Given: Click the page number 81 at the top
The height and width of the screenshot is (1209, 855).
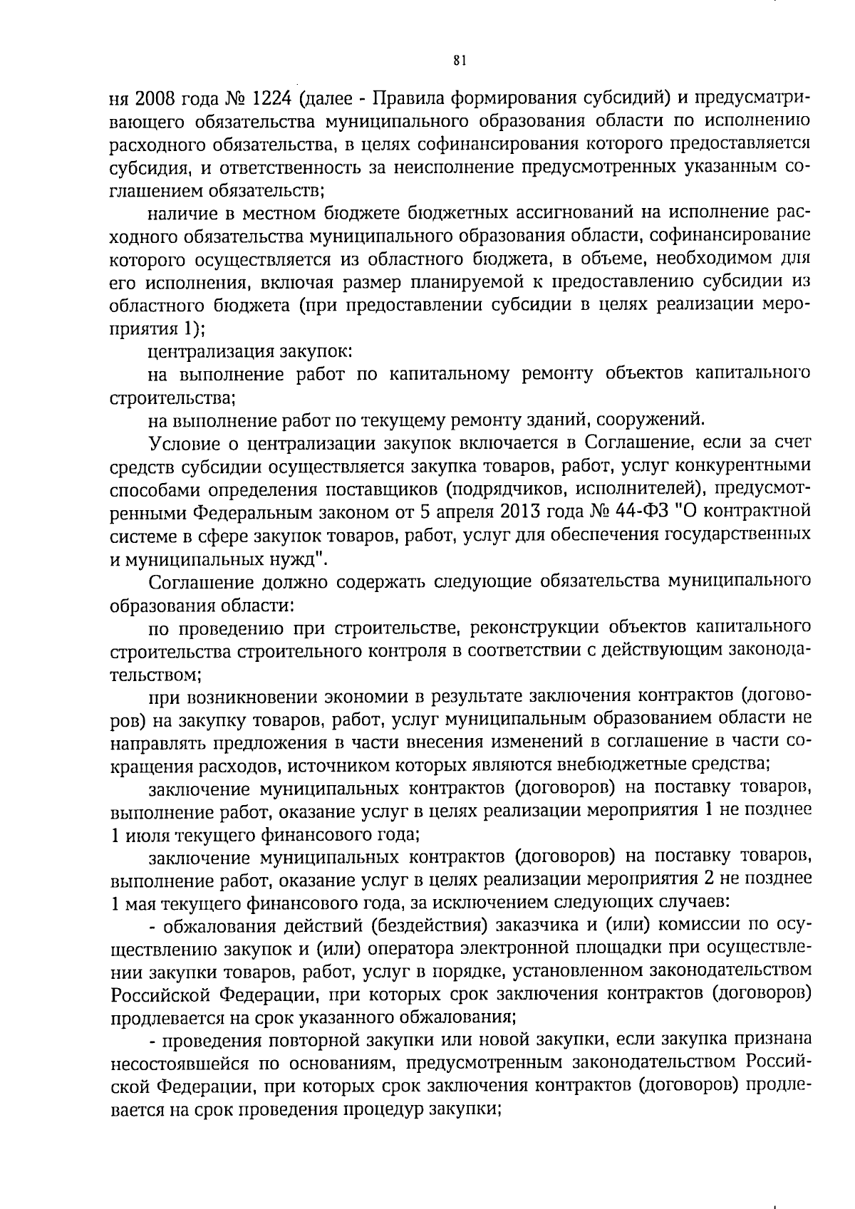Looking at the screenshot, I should click(x=459, y=61).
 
